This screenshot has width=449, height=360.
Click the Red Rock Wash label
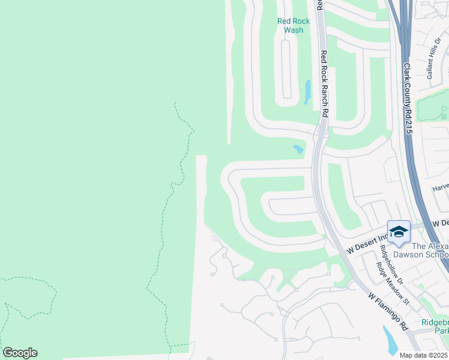[x=294, y=25]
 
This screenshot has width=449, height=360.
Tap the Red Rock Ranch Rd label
[x=324, y=83]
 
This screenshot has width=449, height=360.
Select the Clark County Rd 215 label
[x=406, y=98]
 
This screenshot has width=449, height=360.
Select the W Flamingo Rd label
[x=388, y=312]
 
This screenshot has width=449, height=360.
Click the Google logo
[x=20, y=353]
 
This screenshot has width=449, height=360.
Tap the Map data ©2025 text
[x=424, y=355]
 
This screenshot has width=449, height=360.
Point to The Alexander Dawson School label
[x=430, y=250]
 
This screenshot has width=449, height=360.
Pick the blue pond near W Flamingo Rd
[x=391, y=341]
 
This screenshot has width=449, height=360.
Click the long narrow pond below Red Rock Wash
[x=308, y=92]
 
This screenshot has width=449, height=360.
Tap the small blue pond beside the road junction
[x=298, y=149]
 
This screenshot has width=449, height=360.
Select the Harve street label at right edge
[x=441, y=187]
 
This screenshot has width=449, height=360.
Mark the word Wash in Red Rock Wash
[x=294, y=29]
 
